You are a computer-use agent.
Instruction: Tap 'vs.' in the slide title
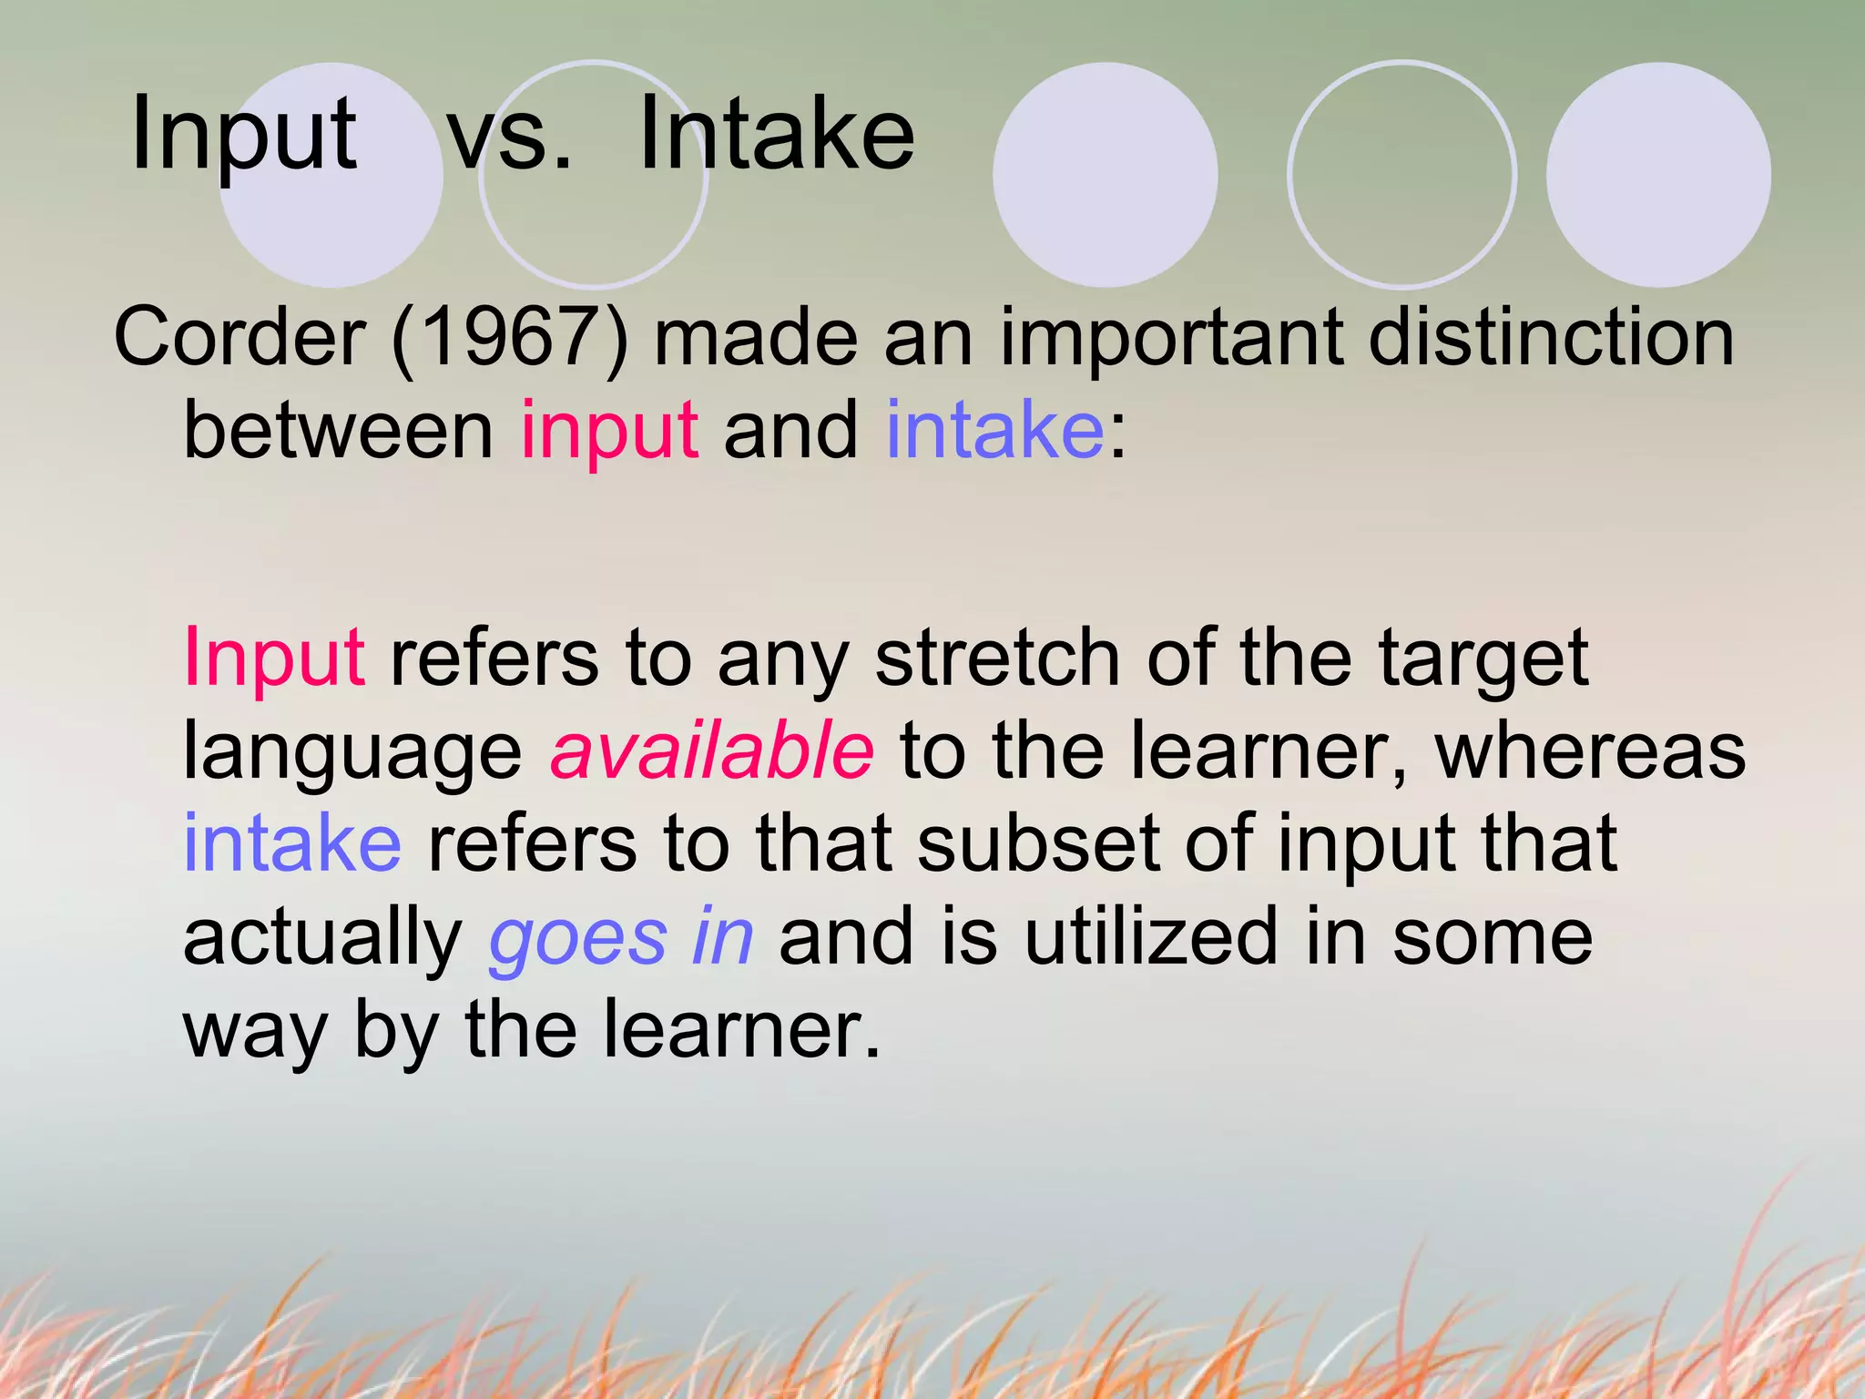click(510, 137)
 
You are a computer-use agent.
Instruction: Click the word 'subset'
click(1038, 843)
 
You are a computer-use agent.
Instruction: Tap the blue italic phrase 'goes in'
click(621, 938)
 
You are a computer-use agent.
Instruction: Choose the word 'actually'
click(323, 938)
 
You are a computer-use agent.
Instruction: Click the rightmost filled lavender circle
click(1658, 175)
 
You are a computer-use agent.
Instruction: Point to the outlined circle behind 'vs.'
click(594, 246)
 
